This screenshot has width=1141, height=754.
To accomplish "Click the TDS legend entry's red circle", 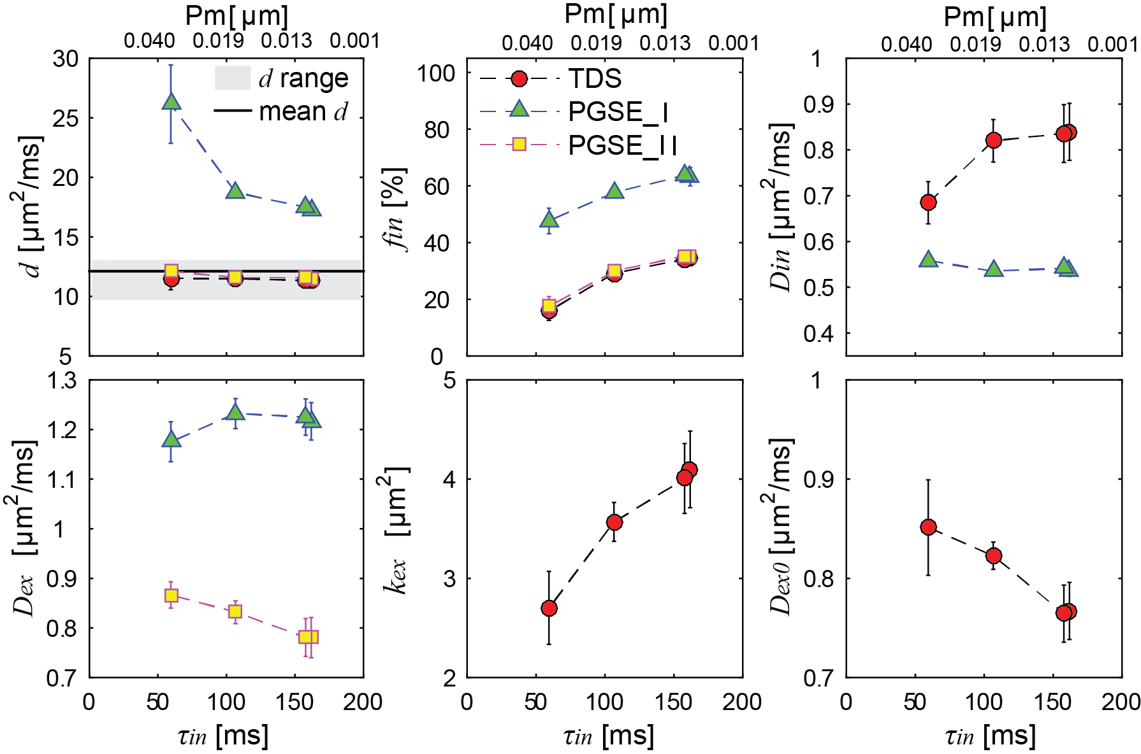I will click(520, 79).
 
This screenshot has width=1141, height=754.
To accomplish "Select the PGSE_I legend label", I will click(618, 112).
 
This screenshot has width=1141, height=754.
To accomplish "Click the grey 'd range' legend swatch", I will click(233, 78).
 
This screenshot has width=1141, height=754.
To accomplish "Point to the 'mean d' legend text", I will click(303, 111).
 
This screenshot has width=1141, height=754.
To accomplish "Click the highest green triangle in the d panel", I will click(171, 102).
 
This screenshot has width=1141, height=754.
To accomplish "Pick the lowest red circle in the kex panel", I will click(549, 608).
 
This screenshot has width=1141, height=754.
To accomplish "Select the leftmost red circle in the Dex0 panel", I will click(928, 527).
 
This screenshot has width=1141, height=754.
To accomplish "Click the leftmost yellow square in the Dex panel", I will click(171, 595).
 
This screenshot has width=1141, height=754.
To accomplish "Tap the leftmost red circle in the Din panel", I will click(928, 203).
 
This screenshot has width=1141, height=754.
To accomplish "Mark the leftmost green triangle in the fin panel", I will click(549, 220).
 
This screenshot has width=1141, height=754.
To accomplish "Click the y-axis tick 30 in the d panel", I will click(66, 59).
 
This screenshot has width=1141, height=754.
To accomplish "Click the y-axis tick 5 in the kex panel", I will click(450, 381).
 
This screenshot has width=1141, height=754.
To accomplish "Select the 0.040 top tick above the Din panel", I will click(906, 45).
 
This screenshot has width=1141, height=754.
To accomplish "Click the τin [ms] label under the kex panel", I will click(609, 736).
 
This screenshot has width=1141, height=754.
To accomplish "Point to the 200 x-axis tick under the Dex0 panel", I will click(1121, 702).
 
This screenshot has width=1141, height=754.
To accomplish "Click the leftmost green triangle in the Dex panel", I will click(171, 439).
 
